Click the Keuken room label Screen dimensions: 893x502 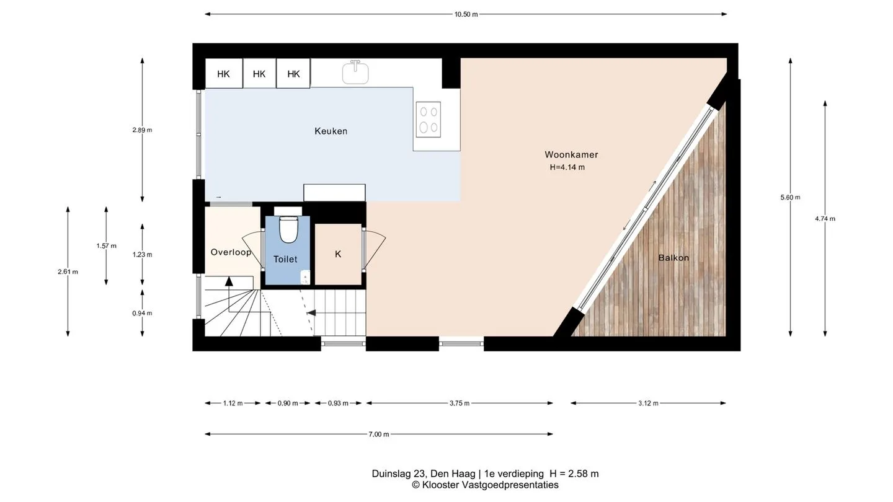pos(331,131)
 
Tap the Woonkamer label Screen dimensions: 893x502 pos(571,154)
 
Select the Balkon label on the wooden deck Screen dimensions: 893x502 pos(673,258)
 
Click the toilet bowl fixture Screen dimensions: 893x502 pos(288,229)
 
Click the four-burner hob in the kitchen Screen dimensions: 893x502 pos(429,120)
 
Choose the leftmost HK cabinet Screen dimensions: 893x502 pos(224,73)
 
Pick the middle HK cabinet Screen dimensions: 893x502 pos(259,73)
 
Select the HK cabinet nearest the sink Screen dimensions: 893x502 pos(293,73)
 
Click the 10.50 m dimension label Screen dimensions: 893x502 pos(466,14)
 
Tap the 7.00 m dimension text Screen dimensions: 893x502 pos(379,434)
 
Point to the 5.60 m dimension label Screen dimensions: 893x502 pos(790,197)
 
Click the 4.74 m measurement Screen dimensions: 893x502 pos(825,219)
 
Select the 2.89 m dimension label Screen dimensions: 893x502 pos(143,130)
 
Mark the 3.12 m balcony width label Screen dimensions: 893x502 pos(648,403)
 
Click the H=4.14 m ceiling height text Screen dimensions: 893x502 pos(567,167)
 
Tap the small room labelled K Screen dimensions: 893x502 pos(338,254)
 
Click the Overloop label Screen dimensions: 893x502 pos(231,252)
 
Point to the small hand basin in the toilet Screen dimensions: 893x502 pos(305,277)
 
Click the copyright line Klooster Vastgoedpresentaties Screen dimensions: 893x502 pos(485,485)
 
